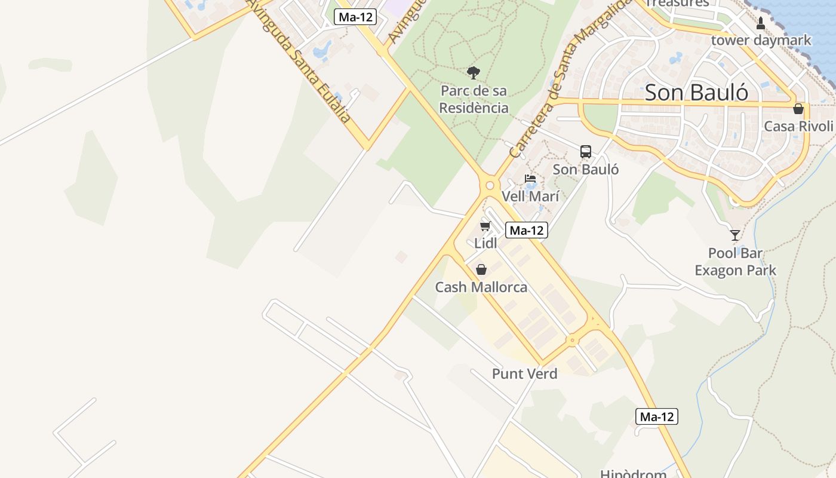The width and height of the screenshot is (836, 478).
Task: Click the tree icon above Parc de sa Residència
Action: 474,73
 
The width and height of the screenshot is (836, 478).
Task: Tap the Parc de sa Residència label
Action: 474,100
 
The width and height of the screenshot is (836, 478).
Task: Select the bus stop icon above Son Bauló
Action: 586,152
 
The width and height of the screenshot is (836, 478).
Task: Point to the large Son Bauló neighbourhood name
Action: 696,93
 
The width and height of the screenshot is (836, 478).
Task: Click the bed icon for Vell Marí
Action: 530,179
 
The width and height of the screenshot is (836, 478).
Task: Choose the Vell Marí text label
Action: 530,196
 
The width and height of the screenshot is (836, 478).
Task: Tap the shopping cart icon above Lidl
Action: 485,226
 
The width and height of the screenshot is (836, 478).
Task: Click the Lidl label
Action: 485,243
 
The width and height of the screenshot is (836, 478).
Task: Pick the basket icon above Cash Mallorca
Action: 481,269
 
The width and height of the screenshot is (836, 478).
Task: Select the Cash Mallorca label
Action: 481,287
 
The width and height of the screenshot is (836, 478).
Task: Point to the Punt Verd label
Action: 524,374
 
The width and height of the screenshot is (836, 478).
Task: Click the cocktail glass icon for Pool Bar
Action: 735,235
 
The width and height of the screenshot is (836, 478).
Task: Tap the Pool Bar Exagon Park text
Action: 735,262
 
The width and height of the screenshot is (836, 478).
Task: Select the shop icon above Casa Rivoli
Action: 798,109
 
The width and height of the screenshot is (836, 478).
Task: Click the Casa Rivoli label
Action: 798,126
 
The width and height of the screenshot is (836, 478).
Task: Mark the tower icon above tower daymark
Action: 761,23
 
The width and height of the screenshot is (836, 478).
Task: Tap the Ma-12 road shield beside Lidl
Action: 526,230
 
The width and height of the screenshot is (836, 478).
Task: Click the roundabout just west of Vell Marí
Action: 490,185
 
